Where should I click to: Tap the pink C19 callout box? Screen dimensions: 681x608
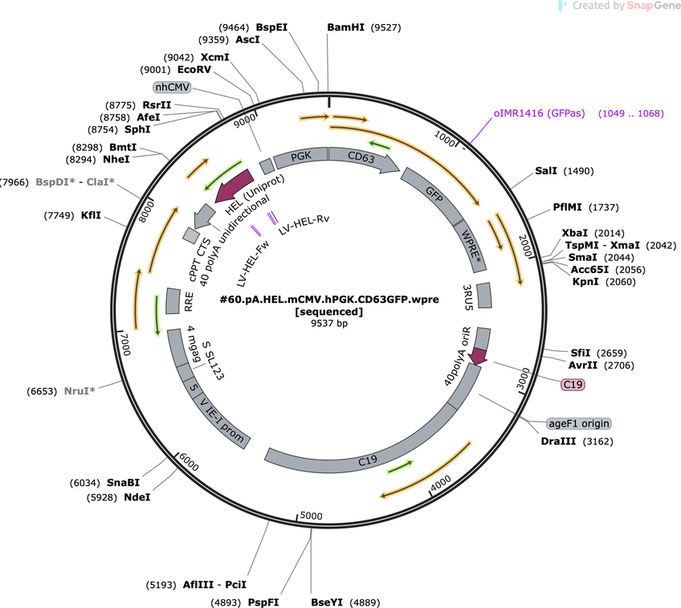[573, 385]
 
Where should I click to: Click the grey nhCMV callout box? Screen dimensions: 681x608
[173, 88]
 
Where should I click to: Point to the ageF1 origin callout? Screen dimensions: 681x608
[579, 423]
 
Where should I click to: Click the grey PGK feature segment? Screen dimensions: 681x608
[300, 158]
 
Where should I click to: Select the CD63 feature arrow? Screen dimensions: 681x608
[363, 160]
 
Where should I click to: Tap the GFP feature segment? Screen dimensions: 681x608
[433, 195]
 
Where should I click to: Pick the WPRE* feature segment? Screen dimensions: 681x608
[471, 246]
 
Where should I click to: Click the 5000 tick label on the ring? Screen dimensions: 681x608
[311, 516]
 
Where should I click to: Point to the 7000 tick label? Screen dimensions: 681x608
[125, 344]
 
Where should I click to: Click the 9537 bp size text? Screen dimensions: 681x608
[329, 324]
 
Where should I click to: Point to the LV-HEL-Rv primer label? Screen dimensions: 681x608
[304, 225]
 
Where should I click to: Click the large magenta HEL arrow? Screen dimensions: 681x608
[235, 186]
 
